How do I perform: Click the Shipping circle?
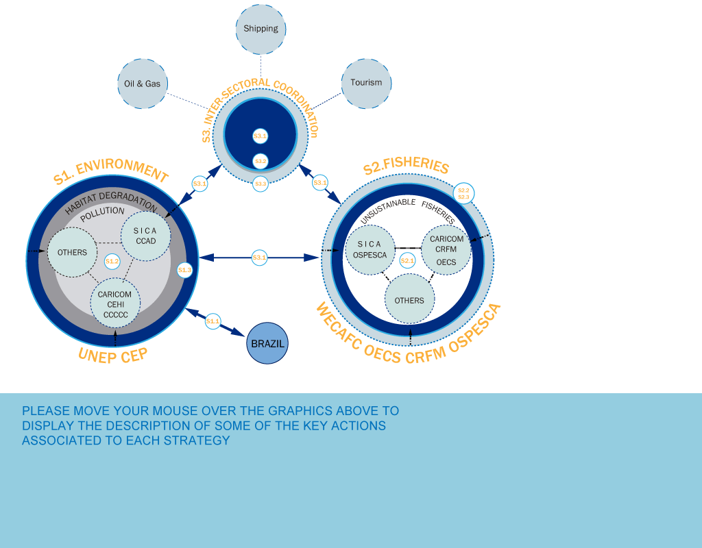261,29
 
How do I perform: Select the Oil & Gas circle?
143,84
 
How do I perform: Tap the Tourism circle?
366,83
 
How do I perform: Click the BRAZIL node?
267,343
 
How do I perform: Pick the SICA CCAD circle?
145,236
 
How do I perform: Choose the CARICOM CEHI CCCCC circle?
115,302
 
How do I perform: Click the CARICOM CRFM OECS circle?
446,250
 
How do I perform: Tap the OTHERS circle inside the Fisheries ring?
409,300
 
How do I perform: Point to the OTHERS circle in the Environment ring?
72,252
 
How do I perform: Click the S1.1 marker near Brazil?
213,321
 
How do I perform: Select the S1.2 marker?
112,261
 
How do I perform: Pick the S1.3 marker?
184,270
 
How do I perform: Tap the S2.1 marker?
407,260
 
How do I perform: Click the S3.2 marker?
261,161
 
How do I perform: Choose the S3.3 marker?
261,184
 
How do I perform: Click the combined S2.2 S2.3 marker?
463,193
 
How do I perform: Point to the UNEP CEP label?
113,355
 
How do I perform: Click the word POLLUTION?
102,212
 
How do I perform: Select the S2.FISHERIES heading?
406,166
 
